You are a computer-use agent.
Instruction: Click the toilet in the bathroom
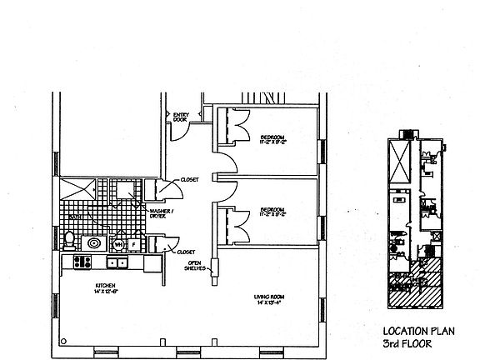coord(69,241)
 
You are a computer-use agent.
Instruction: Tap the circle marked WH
coord(118,245)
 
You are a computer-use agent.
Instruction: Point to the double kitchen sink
coord(117,262)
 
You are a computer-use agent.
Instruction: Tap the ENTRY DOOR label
coord(180,117)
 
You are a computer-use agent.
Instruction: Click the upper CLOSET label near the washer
coord(190,180)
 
